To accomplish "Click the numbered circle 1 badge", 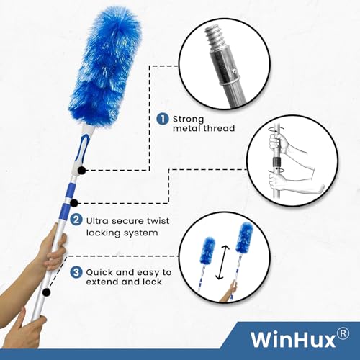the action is (x=163, y=119).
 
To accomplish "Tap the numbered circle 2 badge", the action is (x=76, y=220).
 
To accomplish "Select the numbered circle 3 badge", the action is (x=76, y=272).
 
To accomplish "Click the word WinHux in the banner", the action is (x=293, y=339).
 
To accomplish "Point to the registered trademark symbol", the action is (x=343, y=334).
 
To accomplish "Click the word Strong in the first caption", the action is (x=189, y=120).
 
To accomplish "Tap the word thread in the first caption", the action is (x=219, y=128).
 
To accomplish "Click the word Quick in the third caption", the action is (x=99, y=273).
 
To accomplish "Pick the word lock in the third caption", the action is (x=152, y=282).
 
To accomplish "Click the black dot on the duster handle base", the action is (x=82, y=171).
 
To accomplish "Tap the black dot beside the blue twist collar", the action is (x=74, y=203).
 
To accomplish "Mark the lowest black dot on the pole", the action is (x=46, y=292).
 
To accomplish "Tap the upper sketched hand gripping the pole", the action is (x=279, y=143).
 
